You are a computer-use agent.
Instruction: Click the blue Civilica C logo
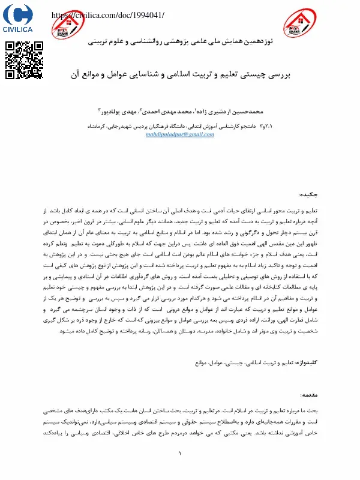[20, 14]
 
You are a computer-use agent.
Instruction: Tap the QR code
[24, 60]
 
